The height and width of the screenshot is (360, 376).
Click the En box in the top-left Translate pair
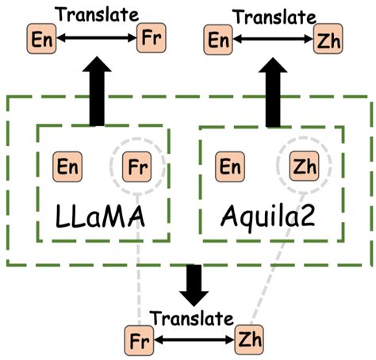[39, 39]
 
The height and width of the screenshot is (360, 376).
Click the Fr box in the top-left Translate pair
[150, 39]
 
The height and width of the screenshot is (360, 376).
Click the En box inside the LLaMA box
[67, 167]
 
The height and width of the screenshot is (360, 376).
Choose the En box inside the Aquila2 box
[231, 167]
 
